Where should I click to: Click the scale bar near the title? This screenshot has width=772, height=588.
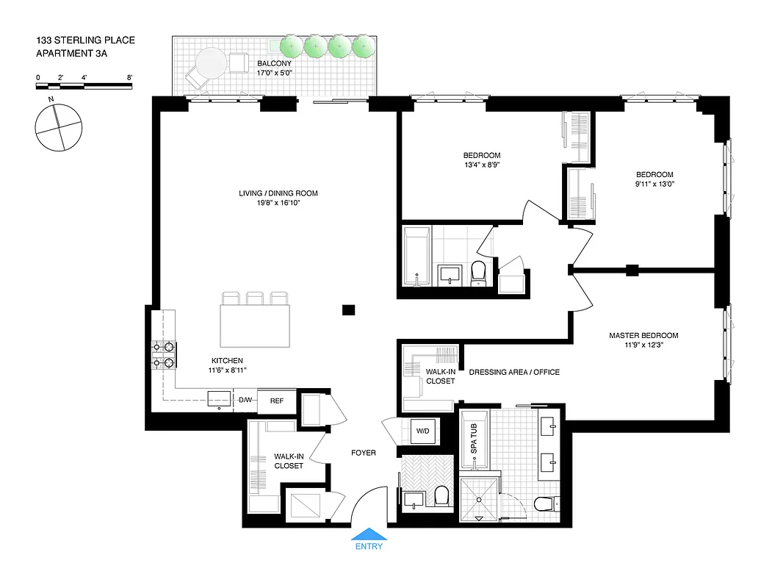point(84,85)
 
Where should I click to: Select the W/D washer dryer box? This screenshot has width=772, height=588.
point(422,430)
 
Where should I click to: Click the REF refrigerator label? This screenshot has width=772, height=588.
point(277,401)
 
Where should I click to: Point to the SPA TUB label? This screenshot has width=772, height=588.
point(474,438)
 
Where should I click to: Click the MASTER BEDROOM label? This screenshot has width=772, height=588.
point(643,336)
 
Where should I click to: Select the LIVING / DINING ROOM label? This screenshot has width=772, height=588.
point(278,193)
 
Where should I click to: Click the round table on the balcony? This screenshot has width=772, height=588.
point(210,63)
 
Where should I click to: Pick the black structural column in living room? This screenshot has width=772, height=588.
point(349,309)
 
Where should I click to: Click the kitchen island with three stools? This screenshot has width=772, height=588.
point(255,326)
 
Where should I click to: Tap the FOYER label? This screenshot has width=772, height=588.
point(364,453)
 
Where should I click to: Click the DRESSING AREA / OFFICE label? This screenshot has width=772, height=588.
point(513,372)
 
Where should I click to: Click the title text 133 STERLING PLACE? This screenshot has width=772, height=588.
point(84,40)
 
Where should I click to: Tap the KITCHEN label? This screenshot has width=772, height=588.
point(227,361)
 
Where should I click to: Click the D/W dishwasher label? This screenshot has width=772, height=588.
point(245,401)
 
